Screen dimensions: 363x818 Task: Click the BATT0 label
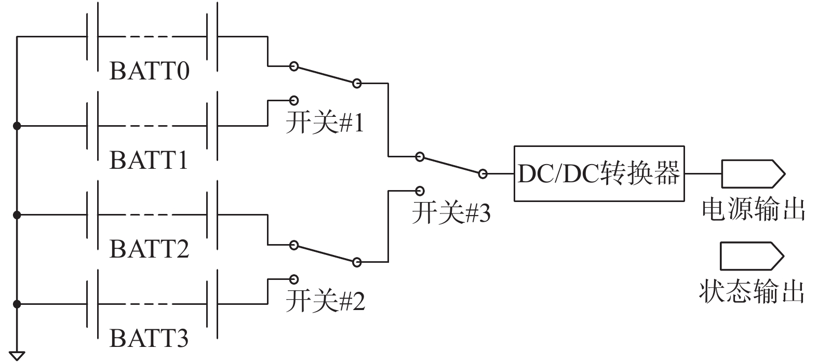coord(149,71)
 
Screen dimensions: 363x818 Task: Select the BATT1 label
coord(149,160)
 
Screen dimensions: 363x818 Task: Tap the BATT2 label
coord(149,249)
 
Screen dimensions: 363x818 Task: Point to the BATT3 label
coord(149,339)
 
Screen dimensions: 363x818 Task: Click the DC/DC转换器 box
coord(599,173)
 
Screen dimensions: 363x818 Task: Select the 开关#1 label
coord(325,124)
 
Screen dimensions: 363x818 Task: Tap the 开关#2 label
coord(325,301)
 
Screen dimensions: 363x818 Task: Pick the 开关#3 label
coord(451,213)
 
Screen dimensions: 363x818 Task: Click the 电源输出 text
coord(753,209)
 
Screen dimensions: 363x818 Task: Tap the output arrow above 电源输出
coord(752,173)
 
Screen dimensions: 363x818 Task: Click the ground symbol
coord(17,355)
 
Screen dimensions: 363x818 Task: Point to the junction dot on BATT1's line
coord(17,126)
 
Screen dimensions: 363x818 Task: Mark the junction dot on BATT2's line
coord(17,214)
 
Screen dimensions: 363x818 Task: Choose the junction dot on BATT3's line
coord(17,304)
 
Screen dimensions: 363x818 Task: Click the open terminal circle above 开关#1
coord(294,100)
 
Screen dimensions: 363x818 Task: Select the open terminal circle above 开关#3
coord(420,191)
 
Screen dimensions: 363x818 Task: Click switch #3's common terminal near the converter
coord(483,174)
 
